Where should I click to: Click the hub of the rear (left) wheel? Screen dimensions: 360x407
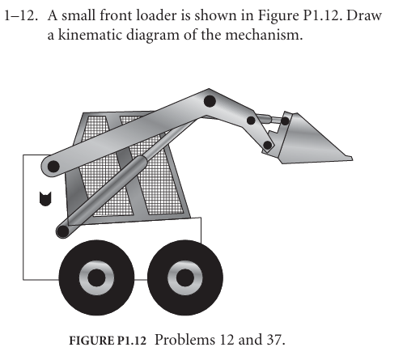(x=96, y=279)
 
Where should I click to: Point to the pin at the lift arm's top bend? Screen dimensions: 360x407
(x=209, y=101)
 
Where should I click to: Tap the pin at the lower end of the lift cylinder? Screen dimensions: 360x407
(x=62, y=232)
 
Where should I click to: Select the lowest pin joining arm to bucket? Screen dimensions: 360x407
(x=267, y=146)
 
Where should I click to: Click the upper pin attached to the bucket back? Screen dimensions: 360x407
(x=285, y=121)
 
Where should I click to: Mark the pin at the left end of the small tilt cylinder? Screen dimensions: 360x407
(x=252, y=121)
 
